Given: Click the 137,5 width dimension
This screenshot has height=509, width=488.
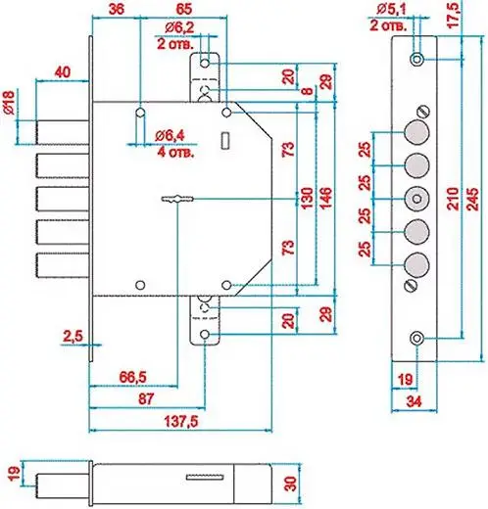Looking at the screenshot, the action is (x=180, y=422).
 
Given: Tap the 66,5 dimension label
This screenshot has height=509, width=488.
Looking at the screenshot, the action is (x=132, y=377).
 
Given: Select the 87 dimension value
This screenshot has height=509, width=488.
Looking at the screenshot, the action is (x=146, y=398).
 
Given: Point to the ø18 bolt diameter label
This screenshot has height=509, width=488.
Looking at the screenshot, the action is (x=9, y=103).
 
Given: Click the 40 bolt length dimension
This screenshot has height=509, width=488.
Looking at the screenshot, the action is (x=62, y=71).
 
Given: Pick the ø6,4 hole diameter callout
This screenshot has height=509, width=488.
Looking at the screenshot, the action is (x=170, y=135).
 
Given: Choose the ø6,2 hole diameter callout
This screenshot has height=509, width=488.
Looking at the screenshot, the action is (x=179, y=27).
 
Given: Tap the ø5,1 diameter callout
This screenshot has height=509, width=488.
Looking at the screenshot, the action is (x=391, y=10).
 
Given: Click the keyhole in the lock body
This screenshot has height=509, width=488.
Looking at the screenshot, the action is (x=177, y=199).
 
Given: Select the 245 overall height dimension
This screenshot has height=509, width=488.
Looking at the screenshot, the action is (x=473, y=199).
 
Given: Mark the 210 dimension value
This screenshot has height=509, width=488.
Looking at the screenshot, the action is (x=453, y=199).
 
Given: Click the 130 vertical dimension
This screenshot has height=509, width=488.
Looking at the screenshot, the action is (x=307, y=199).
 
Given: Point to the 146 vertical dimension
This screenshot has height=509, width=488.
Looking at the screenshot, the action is (x=325, y=199).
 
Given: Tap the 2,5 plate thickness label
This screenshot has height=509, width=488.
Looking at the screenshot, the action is (x=73, y=336).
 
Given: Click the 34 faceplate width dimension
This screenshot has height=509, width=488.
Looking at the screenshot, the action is (x=414, y=401).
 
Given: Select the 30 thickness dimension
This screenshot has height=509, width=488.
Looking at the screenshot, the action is (x=290, y=484).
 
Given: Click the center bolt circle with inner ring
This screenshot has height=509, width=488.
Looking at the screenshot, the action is (x=416, y=199).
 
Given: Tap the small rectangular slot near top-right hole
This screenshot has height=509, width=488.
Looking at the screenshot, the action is (x=225, y=141).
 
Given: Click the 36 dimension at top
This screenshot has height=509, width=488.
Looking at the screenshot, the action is (x=117, y=9).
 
